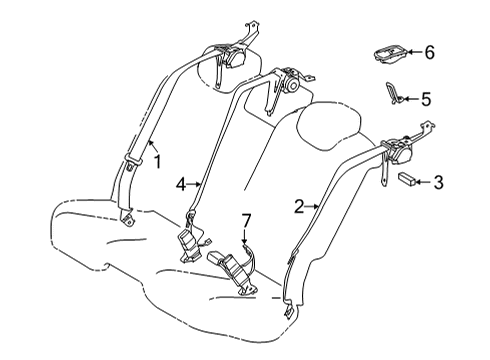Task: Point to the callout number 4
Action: [181, 184]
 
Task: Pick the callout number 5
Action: [425, 98]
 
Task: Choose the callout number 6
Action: [430, 52]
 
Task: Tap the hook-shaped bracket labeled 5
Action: [394, 95]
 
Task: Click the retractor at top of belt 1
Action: [238, 58]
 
